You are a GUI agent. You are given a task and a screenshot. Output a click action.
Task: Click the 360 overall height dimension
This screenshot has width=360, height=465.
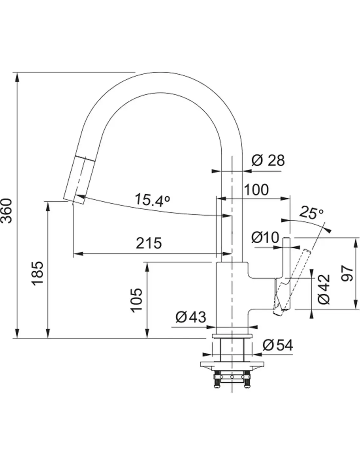click(6, 211)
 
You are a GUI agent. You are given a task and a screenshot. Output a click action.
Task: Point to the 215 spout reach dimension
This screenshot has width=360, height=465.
click(149, 243)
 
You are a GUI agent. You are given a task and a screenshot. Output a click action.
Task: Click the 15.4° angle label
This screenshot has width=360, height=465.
click(153, 200)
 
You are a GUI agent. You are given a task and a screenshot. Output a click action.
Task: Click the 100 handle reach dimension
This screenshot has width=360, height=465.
click(256, 190)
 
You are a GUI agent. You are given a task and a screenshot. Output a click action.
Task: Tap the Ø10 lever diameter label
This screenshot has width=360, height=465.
click(265, 237)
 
